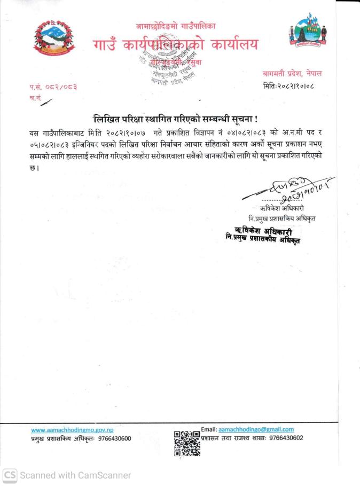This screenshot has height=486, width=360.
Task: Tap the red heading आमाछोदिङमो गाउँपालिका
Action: tap(176, 26)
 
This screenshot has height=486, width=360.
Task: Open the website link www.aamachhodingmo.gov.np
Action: tap(72, 430)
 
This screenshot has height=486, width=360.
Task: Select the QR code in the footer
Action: tap(186, 443)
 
